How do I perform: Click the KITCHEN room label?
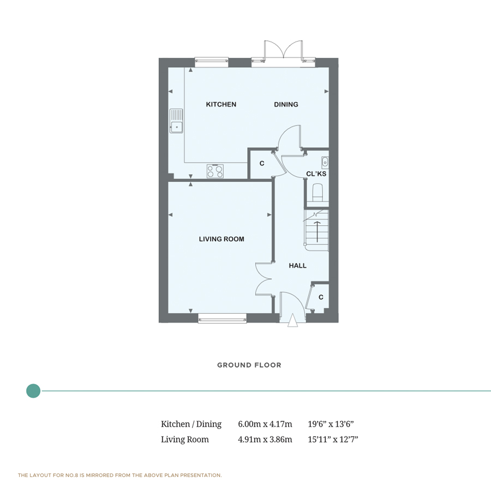(221, 104)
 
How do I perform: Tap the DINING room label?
(286, 104)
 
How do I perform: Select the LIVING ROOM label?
(221, 239)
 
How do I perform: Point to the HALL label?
(297, 266)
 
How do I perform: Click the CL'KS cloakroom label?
(316, 173)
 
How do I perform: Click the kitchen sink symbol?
(176, 121)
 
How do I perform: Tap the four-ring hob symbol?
(215, 171)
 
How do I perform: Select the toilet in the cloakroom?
(318, 192)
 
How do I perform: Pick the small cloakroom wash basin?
(325, 161)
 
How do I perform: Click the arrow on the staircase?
(317, 232)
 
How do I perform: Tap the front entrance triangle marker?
(293, 320)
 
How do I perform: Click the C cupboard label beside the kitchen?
(262, 163)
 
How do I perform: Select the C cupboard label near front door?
(321, 297)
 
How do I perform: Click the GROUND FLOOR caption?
(249, 365)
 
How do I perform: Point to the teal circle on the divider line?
(33, 391)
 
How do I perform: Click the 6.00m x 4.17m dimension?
(265, 424)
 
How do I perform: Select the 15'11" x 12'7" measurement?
(333, 439)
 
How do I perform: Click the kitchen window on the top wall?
(211, 62)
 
